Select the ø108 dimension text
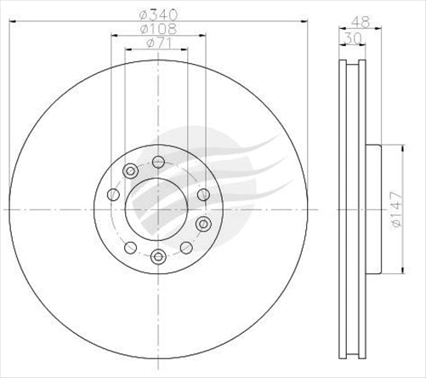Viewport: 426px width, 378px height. tap(158, 28)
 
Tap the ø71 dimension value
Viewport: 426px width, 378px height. tap(158, 43)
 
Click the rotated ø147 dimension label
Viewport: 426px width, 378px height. tap(396, 209)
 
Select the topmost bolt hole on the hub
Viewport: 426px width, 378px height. tap(158, 162)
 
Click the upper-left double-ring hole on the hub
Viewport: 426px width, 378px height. tap(129, 172)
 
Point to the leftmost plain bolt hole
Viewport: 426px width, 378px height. tap(113, 195)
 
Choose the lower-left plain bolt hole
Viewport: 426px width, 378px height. tap(129, 248)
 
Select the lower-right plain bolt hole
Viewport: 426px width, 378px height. tap(185, 248)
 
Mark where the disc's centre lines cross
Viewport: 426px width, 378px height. tap(158, 209)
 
